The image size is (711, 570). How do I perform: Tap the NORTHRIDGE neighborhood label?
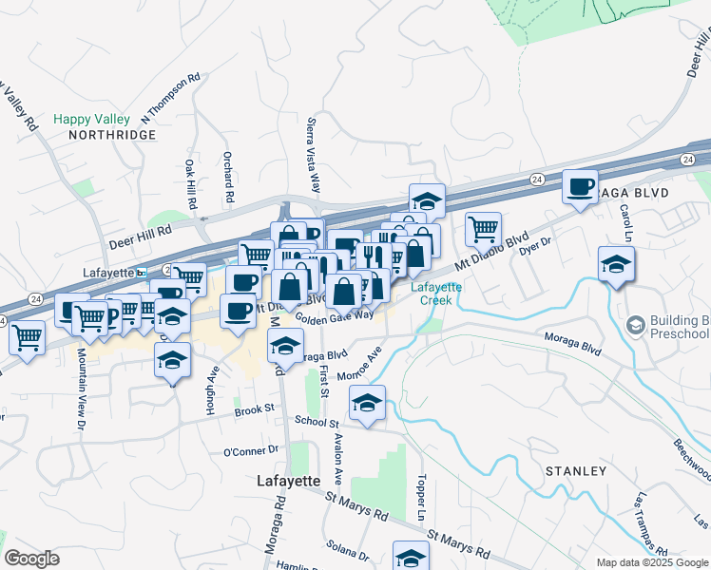pos(111,136)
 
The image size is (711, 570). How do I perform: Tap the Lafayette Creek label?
pos(436,294)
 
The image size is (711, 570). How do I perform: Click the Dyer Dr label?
pos(535,245)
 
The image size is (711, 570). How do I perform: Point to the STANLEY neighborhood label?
pos(575,471)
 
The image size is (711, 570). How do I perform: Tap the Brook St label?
pos(254,409)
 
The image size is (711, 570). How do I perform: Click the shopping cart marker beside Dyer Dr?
pos(483,229)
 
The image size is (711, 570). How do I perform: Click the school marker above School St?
pos(367,402)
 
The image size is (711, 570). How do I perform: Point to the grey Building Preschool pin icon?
pos(635,326)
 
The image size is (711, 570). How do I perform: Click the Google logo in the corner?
pos(32,559)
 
